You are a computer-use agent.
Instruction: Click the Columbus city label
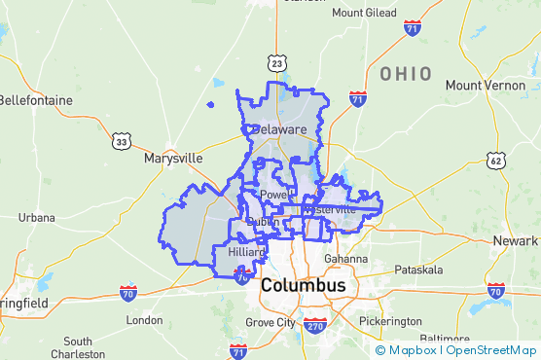click(303, 286)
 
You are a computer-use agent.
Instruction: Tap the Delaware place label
click(279, 129)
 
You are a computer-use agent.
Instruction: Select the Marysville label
click(173, 158)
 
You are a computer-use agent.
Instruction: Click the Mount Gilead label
click(364, 13)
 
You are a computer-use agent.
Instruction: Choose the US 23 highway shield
click(279, 63)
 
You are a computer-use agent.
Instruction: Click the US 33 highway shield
click(121, 141)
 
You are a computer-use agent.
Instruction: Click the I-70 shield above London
click(127, 291)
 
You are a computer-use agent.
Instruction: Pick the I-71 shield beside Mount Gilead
click(413, 28)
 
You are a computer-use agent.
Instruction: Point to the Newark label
click(516, 240)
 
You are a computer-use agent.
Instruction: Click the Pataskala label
click(418, 269)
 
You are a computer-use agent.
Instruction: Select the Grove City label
click(270, 322)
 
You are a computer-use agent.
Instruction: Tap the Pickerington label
click(390, 321)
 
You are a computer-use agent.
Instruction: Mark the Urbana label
click(36, 217)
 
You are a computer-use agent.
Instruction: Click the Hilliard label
click(246, 252)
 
